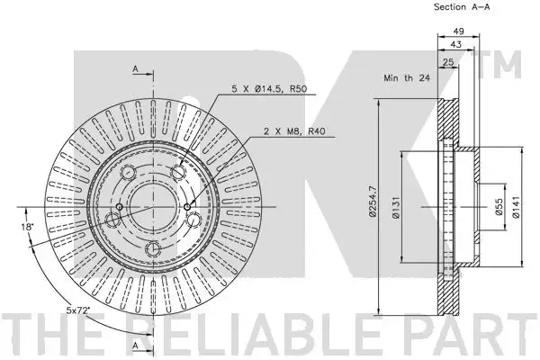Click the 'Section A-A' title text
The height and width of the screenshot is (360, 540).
pyautogui.click(x=462, y=7)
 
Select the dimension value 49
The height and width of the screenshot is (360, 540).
pyautogui.click(x=458, y=31)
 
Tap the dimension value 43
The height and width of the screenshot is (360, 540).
pyautogui.click(x=455, y=44)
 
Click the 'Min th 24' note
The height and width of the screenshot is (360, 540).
pyautogui.click(x=407, y=78)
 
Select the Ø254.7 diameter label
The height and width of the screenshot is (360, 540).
pyautogui.click(x=373, y=202)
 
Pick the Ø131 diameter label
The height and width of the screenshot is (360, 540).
pyautogui.click(x=396, y=207)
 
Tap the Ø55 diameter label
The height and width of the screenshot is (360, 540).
pyautogui.click(x=499, y=207)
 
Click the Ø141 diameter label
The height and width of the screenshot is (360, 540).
pyautogui.click(x=516, y=207)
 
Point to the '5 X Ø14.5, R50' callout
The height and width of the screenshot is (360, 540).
pyautogui.click(x=269, y=89)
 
